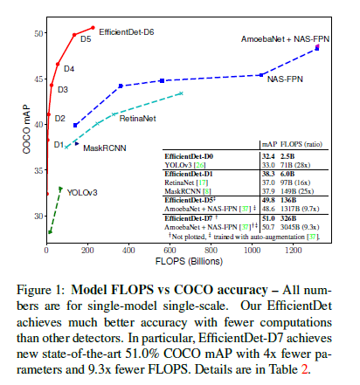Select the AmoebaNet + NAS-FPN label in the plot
click(280, 40)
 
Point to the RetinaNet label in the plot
click(137, 117)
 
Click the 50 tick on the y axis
click(36, 33)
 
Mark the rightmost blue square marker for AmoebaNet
click(317, 48)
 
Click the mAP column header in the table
click(269, 144)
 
